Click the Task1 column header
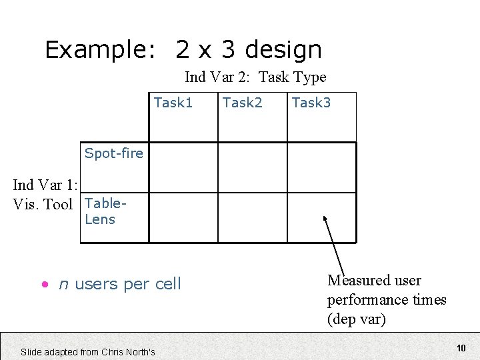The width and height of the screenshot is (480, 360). [x=173, y=103]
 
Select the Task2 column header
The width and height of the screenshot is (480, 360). [x=243, y=103]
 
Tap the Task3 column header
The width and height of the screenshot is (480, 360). [x=311, y=103]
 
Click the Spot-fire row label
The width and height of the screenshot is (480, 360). [x=113, y=153]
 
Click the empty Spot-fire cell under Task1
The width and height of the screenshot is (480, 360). [x=183, y=167]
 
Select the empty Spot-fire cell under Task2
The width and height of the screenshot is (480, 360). [x=253, y=167]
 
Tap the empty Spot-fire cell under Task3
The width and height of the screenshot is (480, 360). [x=322, y=167]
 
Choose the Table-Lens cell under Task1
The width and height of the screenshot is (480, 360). [x=183, y=217]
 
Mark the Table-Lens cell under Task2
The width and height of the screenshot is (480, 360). [x=253, y=217]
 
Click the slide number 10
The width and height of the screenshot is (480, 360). [x=461, y=348]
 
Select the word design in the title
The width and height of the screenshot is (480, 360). [x=283, y=50]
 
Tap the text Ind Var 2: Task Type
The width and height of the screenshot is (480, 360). [x=255, y=77]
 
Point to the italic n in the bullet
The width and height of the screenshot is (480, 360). [x=63, y=285]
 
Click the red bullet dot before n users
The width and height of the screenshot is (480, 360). [x=44, y=285]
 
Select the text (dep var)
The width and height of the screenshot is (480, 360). [x=357, y=319]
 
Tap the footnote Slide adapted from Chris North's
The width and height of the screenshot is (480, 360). [x=88, y=351]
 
